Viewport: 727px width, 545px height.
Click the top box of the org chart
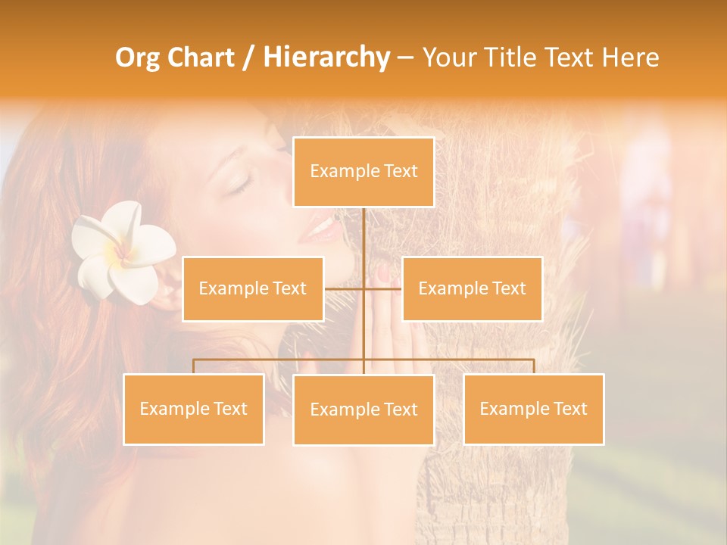tap(363, 172)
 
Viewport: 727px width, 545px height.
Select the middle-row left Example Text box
tap(253, 288)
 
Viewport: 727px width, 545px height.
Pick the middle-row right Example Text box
tap(472, 288)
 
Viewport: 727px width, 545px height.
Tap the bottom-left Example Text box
tap(194, 409)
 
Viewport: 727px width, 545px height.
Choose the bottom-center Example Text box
tap(363, 410)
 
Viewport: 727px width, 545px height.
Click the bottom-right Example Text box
tap(534, 409)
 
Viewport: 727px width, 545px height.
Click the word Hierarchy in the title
tap(326, 58)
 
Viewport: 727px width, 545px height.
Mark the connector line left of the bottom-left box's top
tap(194, 366)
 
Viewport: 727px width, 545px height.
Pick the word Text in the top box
tap(400, 172)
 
